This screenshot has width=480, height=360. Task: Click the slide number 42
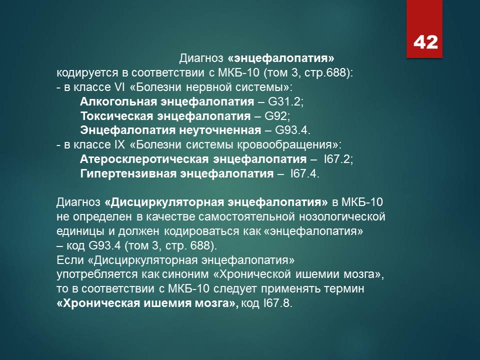[425, 42]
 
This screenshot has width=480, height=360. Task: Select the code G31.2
[284, 101]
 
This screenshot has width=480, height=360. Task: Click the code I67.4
[303, 173]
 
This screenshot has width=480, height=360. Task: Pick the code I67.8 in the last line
[276, 303]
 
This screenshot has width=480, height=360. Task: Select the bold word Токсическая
[116, 116]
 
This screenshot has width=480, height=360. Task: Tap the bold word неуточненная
[220, 130]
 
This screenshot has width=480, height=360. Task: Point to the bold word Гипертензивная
[128, 173]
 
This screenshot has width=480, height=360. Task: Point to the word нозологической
[342, 216]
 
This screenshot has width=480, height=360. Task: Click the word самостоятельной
[246, 216]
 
